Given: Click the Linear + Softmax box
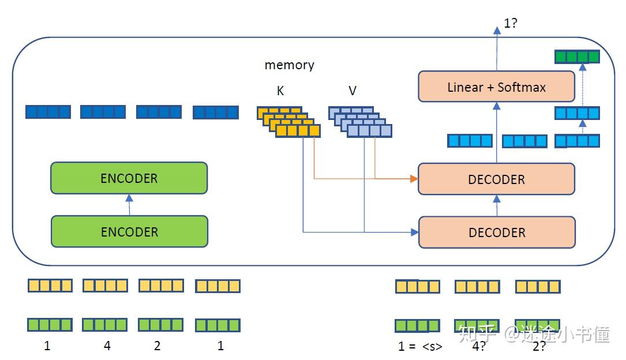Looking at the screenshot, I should tap(496, 87).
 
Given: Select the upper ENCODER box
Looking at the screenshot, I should tap(129, 178).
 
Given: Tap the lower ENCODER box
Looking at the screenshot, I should tap(129, 231).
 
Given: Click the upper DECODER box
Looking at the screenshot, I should tap(496, 179).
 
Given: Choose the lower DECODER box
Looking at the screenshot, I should tap(496, 232).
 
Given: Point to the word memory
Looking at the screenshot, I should tap(289, 65).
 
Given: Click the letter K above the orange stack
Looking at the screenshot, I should tap(280, 91).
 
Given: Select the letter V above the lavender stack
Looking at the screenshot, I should tap(353, 91).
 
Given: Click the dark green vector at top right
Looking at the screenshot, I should tap(577, 57).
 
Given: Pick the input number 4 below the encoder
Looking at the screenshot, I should tap(107, 346).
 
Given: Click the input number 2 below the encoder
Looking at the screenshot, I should tap(157, 346).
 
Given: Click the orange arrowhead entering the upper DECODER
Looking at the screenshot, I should tap(414, 179).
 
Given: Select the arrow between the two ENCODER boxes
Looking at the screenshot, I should tap(129, 204).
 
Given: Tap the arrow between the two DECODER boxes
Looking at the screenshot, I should tap(496, 205).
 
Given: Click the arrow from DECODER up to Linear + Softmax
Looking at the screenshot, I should tap(496, 133).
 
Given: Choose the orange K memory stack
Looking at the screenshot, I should tap(288, 121).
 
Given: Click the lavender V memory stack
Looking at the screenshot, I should tap(360, 121).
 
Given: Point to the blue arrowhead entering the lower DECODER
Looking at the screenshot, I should tap(414, 232).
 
